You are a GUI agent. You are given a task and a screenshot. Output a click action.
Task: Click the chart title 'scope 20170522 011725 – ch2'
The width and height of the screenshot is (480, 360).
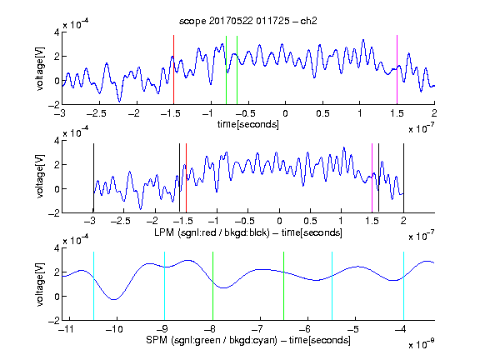[x=248, y=21]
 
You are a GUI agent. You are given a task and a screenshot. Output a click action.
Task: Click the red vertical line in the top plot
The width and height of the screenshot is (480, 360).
[x=173, y=70]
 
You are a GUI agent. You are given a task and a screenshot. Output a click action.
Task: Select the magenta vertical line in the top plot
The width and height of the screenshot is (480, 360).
[x=397, y=70]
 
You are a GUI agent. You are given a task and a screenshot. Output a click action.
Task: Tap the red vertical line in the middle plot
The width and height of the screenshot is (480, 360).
[x=186, y=177]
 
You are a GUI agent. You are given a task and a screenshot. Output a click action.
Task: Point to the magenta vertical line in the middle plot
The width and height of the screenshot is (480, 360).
[x=372, y=177]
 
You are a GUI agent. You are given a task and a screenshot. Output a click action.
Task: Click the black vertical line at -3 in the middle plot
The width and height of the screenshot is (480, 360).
[x=93, y=177]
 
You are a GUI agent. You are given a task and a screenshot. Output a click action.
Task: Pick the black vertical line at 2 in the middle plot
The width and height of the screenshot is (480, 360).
[x=403, y=177]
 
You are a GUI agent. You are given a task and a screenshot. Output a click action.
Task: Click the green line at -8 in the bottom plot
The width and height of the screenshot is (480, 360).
[x=212, y=286]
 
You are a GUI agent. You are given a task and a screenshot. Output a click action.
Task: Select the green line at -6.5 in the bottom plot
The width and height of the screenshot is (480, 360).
[x=284, y=286]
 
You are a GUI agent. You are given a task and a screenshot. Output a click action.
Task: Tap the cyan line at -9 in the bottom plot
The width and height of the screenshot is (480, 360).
[x=165, y=286]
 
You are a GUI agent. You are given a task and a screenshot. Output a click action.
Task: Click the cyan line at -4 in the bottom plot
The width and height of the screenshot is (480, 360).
[x=403, y=286]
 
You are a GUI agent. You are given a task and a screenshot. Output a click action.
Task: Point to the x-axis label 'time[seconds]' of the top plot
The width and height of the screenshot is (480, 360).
[x=248, y=124]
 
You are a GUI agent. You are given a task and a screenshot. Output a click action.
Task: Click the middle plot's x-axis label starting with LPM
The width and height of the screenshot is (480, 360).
[x=248, y=232]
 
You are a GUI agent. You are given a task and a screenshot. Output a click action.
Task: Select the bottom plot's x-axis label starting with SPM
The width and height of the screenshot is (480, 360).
[x=248, y=340]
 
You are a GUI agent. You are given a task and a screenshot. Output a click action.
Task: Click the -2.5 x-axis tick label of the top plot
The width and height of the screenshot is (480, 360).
[x=96, y=113]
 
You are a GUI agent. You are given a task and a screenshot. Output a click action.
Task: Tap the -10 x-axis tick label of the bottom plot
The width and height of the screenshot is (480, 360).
[x=114, y=329]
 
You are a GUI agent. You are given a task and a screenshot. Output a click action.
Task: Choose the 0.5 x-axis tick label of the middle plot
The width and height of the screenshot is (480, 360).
[x=310, y=221]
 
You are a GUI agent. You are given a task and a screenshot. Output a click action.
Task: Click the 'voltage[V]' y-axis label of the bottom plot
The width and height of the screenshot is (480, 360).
[x=40, y=284]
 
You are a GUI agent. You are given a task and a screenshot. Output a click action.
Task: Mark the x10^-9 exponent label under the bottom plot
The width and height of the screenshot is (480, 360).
[x=422, y=344]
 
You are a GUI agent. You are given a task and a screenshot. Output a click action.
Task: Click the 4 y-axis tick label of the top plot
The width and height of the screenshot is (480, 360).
[x=57, y=32]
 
